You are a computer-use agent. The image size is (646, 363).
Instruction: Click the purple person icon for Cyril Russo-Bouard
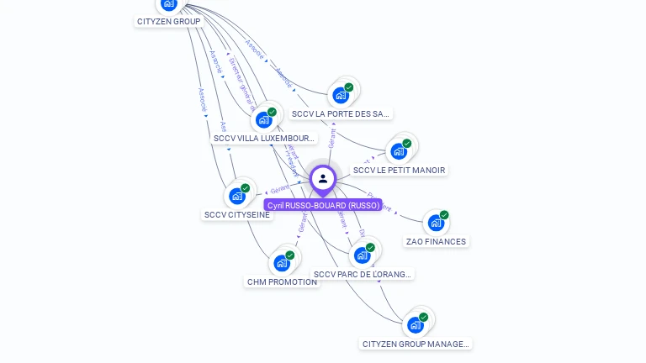click(323, 178)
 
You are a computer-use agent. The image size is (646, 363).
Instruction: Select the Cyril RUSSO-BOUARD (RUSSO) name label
click(323, 205)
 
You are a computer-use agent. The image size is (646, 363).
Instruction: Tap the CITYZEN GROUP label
click(168, 21)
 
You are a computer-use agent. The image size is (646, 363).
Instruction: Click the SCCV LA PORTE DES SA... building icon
click(341, 95)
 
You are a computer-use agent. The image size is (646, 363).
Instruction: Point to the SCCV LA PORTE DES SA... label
click(341, 113)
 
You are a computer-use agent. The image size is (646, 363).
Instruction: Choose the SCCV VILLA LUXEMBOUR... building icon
click(264, 119)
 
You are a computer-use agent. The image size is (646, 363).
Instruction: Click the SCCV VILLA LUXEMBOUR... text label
click(264, 138)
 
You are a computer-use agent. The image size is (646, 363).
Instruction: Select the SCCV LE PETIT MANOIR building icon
click(399, 151)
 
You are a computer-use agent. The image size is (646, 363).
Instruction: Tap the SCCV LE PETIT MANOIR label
click(399, 170)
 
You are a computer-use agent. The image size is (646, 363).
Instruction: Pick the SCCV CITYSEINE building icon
click(237, 197)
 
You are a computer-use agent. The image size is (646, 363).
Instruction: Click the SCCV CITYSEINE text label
click(237, 215)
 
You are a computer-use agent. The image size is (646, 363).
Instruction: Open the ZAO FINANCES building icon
click(435, 223)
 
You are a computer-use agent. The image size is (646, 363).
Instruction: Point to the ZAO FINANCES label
click(435, 242)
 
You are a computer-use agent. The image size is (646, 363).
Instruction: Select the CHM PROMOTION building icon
click(282, 263)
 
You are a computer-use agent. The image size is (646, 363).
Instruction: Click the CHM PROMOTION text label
click(282, 282)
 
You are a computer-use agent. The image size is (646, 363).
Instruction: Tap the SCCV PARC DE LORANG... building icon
click(363, 255)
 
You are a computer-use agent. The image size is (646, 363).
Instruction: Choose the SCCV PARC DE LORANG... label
click(363, 274)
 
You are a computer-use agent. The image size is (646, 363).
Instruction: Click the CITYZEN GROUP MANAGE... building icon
click(416, 325)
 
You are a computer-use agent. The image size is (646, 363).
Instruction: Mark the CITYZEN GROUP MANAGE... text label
click(416, 344)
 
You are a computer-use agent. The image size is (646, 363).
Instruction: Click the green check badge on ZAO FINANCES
click(444, 215)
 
